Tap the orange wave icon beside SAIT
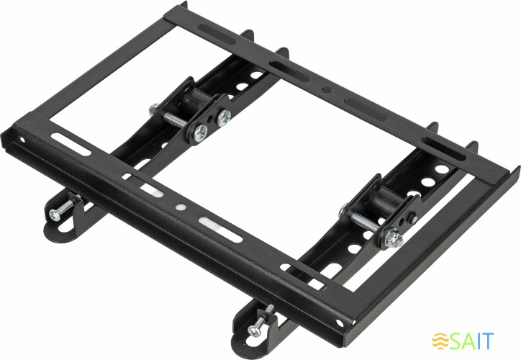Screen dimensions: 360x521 pos(441,340)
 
